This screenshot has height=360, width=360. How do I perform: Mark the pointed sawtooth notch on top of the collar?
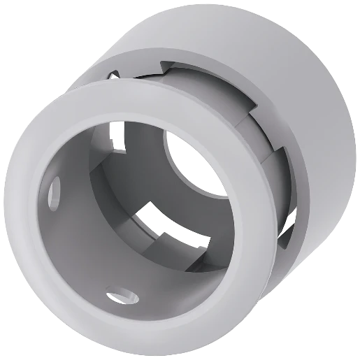coord(165,68)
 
